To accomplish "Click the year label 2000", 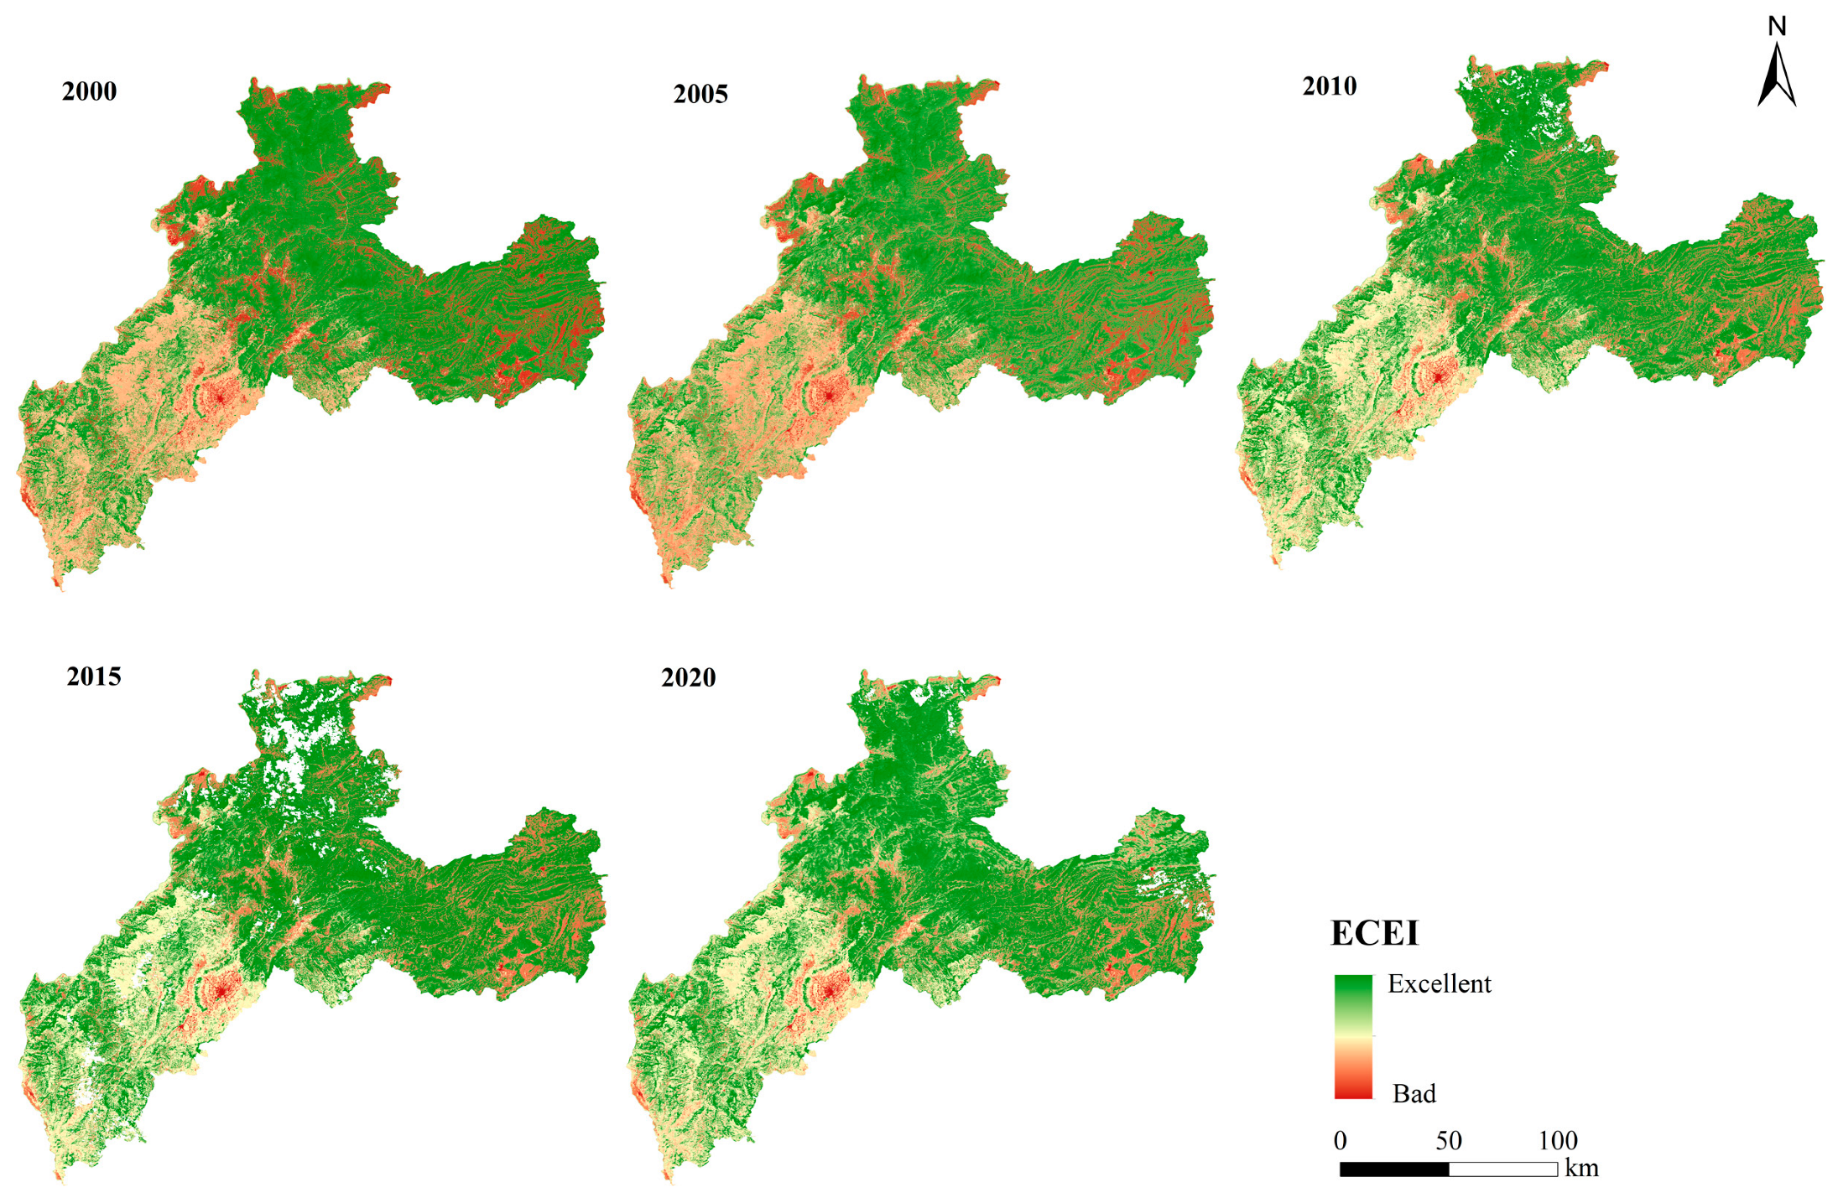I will point(89,91).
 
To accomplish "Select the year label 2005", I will point(700,93).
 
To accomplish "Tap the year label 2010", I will point(1329,86).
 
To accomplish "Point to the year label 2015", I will point(94,676).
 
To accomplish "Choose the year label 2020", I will point(688,677).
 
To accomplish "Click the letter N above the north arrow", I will point(1777,26).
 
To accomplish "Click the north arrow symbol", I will point(1777,77).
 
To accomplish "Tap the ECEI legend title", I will point(1374,933).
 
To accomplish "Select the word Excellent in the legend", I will point(1439,983).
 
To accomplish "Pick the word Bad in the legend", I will point(1414,1093).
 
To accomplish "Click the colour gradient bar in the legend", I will point(1353,1036).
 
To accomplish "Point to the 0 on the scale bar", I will point(1340,1140).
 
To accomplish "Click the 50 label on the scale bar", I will point(1449,1140).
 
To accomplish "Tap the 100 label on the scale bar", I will point(1558,1140).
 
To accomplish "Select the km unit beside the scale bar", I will point(1581,1168).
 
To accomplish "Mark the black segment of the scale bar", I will point(1394,1169).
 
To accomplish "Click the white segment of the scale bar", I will point(1503,1169).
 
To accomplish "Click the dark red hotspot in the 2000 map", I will point(220,396).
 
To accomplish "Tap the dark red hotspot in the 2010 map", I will point(1438,377).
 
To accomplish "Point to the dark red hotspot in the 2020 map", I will point(829,991).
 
